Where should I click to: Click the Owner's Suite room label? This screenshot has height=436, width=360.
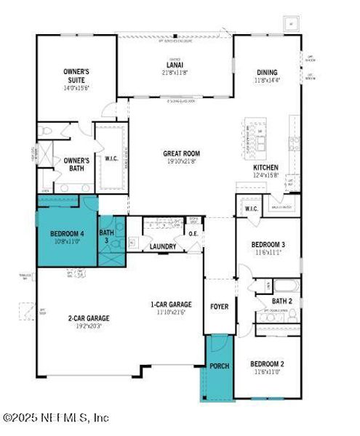tap(76, 75)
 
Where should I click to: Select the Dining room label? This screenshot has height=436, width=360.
tap(267, 72)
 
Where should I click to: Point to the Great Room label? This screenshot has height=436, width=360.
tap(181, 153)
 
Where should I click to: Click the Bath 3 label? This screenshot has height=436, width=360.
tap(107, 235)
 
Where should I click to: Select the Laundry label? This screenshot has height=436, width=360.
tap(163, 247)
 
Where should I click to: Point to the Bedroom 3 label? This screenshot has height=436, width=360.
tap(268, 243)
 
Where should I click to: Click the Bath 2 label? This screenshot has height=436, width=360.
tap(282, 301)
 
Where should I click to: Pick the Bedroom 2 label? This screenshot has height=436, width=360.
tap(267, 363)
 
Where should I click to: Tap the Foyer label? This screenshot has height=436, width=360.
tap(219, 307)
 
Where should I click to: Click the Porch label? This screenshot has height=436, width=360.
tap(219, 366)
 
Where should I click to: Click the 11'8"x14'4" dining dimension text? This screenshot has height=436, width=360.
tap(267, 80)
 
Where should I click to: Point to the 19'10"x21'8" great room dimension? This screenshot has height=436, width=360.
tap(181, 161)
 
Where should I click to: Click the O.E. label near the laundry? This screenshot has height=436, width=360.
tap(194, 234)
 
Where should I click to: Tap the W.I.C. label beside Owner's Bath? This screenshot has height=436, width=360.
tap(111, 158)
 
